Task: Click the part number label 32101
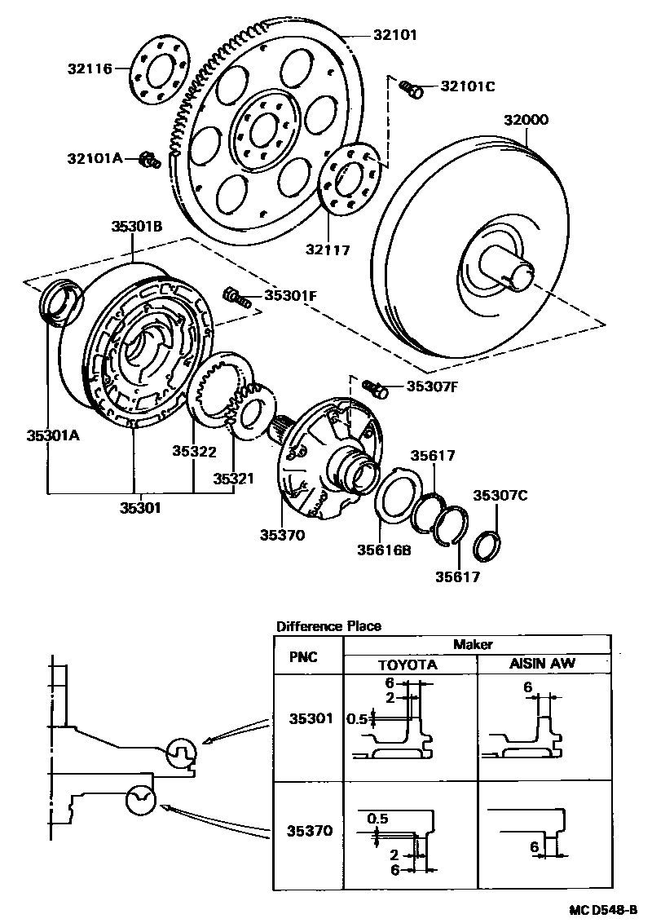pos(395,35)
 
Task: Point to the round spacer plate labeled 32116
pos(159,71)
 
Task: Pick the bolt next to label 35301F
pos(235,297)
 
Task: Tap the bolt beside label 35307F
pos(376,387)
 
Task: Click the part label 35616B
pos(384,550)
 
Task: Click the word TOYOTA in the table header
pos(407,664)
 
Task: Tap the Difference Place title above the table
pos(328,626)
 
